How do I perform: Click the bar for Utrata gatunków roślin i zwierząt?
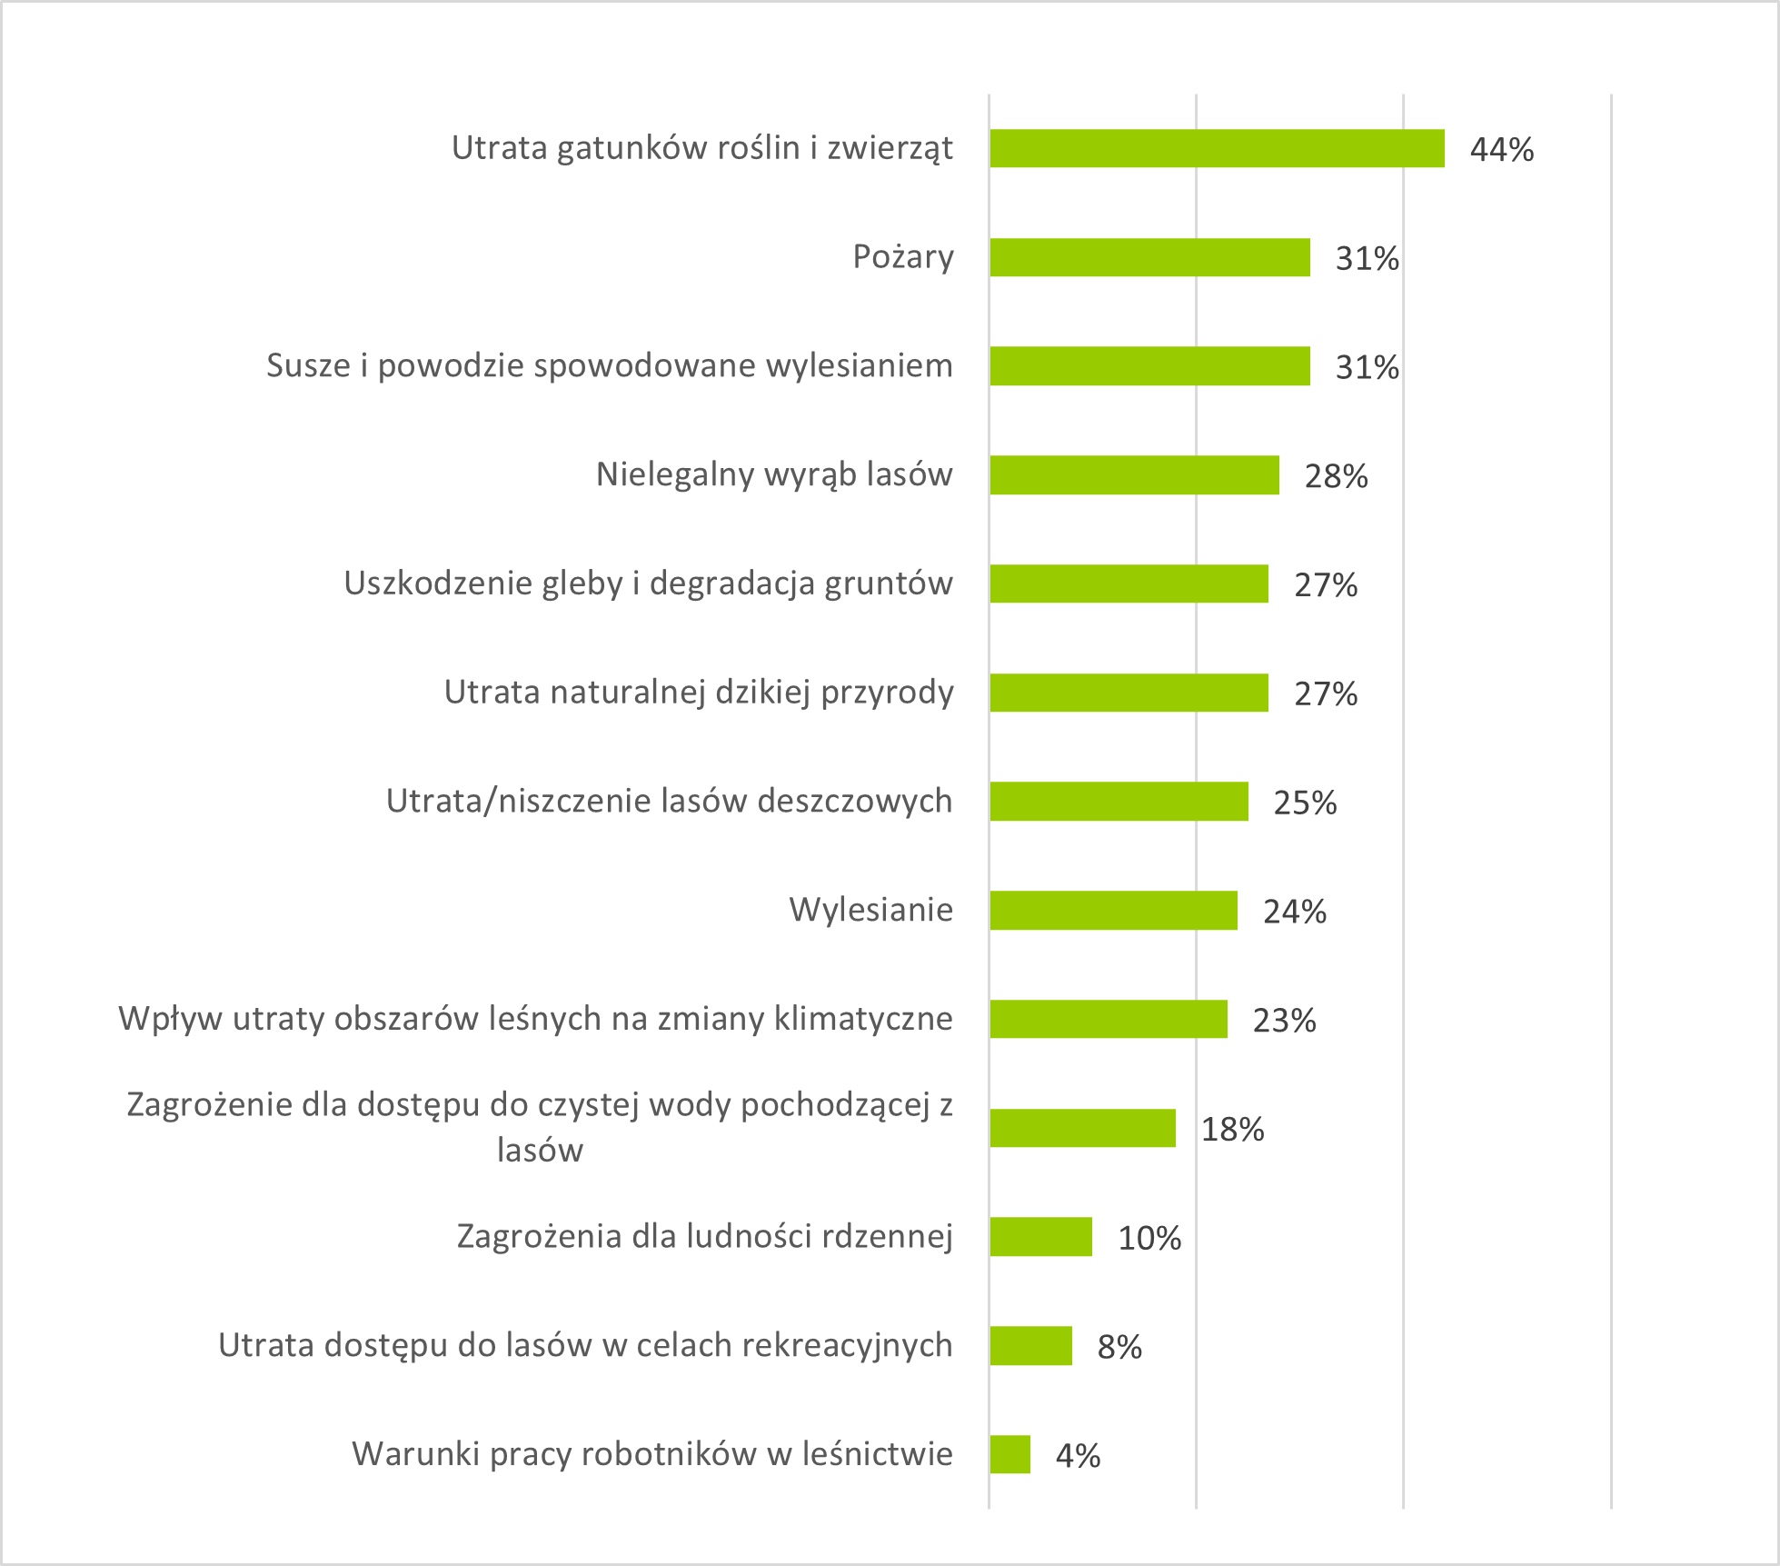point(1217,148)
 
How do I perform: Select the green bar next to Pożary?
point(1149,257)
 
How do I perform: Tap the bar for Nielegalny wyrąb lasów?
point(1134,475)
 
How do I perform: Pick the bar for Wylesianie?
point(1113,911)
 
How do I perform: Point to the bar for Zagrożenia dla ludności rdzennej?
point(1040,1237)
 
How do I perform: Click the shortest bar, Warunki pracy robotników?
point(1009,1454)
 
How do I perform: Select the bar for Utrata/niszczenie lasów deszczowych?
point(1119,802)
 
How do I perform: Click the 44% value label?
point(1502,150)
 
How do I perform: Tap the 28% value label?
point(1336,476)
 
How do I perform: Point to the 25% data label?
point(1305,803)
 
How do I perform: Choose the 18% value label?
point(1232,1130)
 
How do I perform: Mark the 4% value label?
point(1078,1456)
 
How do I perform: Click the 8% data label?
point(1119,1347)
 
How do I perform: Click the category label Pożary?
point(903,257)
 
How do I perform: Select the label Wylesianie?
point(870,910)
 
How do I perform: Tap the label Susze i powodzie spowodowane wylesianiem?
point(610,365)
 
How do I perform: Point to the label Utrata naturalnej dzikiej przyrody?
point(699,693)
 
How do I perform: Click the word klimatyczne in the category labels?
point(863,1019)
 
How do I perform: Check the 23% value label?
point(1284,1021)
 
